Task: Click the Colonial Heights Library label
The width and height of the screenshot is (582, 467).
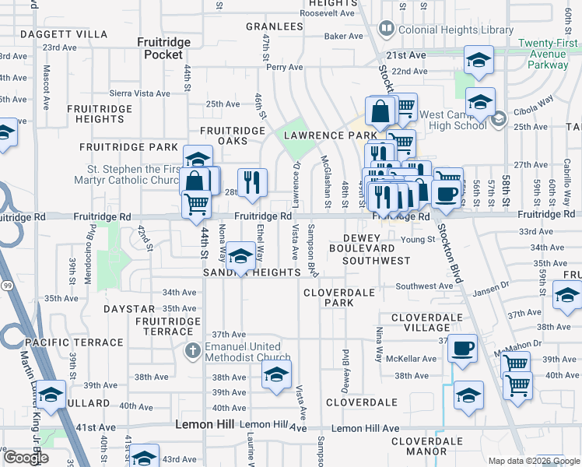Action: [x=444, y=30]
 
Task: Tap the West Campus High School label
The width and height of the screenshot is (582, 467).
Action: [x=453, y=120]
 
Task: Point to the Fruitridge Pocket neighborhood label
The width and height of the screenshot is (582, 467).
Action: [x=160, y=48]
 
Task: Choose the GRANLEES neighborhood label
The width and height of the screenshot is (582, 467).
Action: [x=274, y=26]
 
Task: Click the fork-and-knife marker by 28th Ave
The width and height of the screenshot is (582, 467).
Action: [x=252, y=183]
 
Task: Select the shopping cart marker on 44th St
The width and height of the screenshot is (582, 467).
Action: [x=197, y=205]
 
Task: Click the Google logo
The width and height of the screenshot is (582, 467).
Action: [x=26, y=458]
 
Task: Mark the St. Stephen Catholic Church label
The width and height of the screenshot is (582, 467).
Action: [x=135, y=174]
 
